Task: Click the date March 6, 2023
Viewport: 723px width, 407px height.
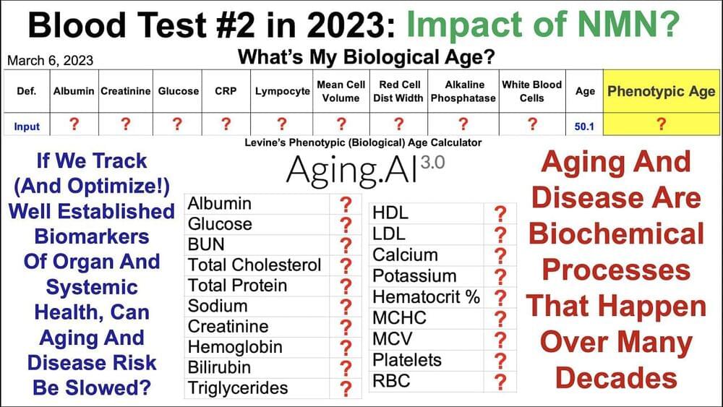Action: tap(51, 61)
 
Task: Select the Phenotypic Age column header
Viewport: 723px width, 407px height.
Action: tap(662, 91)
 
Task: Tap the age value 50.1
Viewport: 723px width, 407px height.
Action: tap(584, 127)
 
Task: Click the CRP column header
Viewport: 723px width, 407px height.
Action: tap(226, 91)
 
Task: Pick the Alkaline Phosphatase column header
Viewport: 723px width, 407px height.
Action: tap(463, 91)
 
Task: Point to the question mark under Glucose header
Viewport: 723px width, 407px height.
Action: tap(178, 124)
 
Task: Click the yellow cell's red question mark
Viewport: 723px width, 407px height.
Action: tap(662, 124)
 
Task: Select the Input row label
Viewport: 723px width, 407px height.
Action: tap(27, 127)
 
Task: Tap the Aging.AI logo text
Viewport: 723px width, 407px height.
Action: tap(352, 171)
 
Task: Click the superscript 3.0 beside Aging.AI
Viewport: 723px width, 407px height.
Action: tap(432, 162)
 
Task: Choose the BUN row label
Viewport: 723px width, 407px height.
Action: tap(206, 244)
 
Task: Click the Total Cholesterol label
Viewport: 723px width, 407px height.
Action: tap(254, 265)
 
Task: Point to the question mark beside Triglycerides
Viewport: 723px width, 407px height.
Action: tap(346, 388)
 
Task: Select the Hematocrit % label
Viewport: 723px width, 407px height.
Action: tap(427, 297)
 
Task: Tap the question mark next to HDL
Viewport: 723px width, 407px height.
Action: tap(500, 214)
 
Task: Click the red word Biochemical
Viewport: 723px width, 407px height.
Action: tap(617, 234)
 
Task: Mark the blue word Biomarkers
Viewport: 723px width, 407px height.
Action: tap(92, 236)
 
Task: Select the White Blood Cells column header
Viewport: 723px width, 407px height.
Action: tap(531, 91)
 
